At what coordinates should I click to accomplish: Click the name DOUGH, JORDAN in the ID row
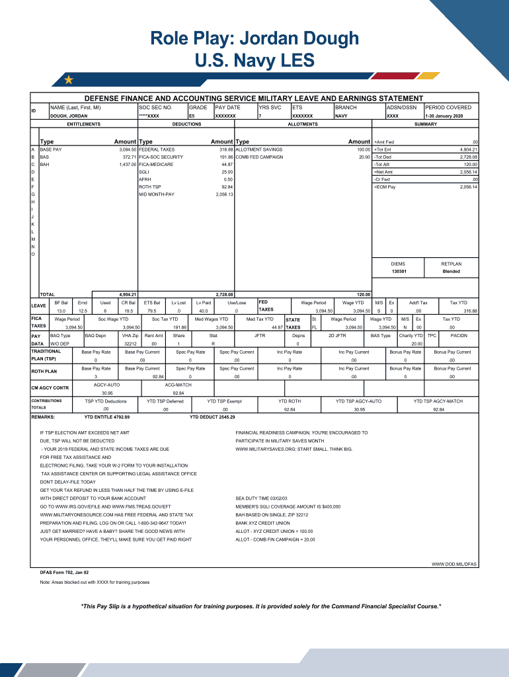click(x=69, y=116)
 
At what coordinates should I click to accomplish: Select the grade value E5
click(x=192, y=116)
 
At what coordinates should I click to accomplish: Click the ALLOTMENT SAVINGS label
click(x=259, y=150)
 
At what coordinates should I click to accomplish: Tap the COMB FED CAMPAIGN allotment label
click(x=260, y=157)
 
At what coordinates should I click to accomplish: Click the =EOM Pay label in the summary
click(x=385, y=187)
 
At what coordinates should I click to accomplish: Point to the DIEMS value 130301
click(x=398, y=272)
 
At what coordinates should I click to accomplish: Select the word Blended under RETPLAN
click(x=451, y=272)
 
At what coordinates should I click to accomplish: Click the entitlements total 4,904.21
click(x=127, y=294)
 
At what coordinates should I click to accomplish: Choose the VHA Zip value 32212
click(x=130, y=344)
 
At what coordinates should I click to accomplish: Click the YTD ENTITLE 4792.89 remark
click(x=107, y=417)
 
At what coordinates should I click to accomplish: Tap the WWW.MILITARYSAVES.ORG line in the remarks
click(x=294, y=449)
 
